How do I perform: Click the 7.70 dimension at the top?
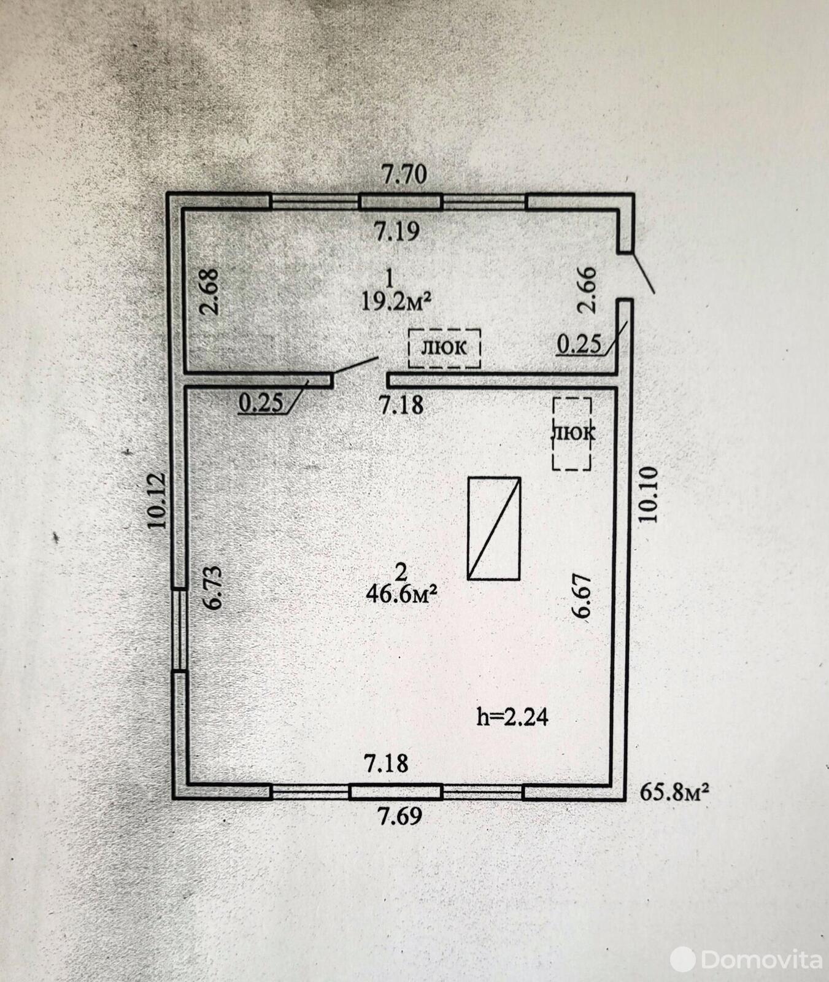(x=404, y=175)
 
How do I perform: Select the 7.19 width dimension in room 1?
(x=397, y=231)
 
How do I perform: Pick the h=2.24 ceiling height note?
(x=512, y=717)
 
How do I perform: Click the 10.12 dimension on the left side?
(x=156, y=500)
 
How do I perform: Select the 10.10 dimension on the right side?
(x=648, y=495)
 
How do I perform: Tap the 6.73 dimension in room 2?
(x=213, y=587)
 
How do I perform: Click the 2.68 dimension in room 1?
(x=209, y=292)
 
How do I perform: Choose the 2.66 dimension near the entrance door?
(x=587, y=290)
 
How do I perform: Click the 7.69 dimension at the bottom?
(x=399, y=816)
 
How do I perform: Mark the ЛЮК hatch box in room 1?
(x=444, y=348)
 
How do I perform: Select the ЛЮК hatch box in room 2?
(x=572, y=433)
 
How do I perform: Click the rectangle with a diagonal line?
(x=494, y=528)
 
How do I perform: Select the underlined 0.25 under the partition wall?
(x=261, y=403)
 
